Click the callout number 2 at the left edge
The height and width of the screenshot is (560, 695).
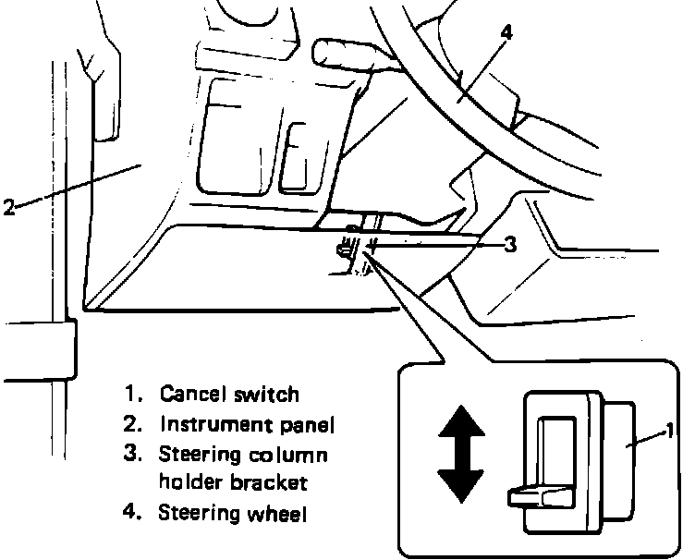pos(8,207)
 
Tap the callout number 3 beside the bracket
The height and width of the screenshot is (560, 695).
pos(510,245)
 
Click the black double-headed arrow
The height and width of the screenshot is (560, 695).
pos(460,456)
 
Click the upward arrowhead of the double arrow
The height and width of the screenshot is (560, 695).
pos(460,426)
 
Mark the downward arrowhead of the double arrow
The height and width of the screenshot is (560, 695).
pos(460,486)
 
